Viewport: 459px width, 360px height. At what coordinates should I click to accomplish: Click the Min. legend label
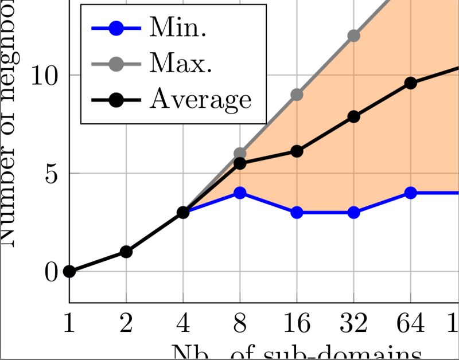pos(177,28)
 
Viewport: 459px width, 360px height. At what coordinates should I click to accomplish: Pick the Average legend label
pos(201,99)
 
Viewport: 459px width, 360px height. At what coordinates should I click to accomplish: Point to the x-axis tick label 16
pos(297,324)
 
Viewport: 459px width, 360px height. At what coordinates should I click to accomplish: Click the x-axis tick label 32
pos(353,324)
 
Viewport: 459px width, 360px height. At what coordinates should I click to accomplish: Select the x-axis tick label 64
pos(410,324)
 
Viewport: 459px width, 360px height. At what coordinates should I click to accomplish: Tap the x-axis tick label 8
pos(240,324)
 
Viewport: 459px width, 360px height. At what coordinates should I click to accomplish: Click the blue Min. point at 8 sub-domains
pos(240,193)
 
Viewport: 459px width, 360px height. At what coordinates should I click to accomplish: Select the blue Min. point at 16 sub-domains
pos(297,213)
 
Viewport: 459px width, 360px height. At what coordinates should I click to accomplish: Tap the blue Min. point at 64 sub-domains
pos(410,193)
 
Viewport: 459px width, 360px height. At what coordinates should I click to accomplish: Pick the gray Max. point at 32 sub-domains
pos(353,36)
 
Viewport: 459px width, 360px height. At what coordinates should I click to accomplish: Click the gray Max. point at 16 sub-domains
pos(297,95)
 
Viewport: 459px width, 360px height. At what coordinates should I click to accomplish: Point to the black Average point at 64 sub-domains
pos(410,83)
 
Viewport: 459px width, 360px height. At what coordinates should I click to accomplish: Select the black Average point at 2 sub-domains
pos(126,252)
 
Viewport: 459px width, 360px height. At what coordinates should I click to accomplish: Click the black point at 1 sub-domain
pos(69,271)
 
